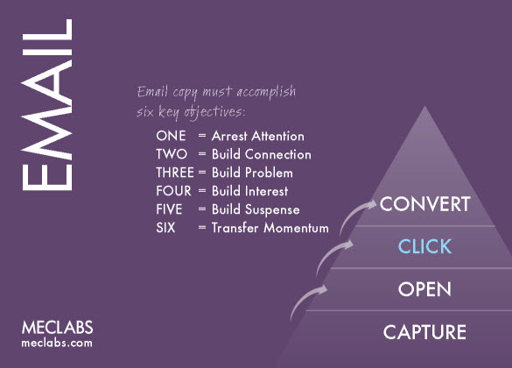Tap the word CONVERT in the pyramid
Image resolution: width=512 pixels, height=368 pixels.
pos(425,205)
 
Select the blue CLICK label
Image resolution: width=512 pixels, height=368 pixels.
pos(424,246)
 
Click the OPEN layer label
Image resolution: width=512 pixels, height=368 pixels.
pos(424,289)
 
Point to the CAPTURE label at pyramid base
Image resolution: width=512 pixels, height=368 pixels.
pos(424,332)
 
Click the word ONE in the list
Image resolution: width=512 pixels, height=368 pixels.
pos(170,137)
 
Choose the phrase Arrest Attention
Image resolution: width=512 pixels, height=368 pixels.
pos(257,137)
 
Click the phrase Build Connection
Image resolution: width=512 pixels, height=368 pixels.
pos(261,154)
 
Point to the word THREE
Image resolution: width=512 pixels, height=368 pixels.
pos(174,173)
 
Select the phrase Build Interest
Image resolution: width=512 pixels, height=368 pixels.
pos(249,191)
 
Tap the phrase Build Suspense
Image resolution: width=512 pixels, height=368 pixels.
pos(255,209)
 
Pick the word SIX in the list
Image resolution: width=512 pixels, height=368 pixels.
pos(165,228)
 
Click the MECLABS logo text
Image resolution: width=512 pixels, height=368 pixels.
pos(57,327)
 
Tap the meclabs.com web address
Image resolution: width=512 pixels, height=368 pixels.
pos(57,343)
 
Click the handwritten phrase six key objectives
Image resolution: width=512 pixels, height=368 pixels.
pos(192,112)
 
